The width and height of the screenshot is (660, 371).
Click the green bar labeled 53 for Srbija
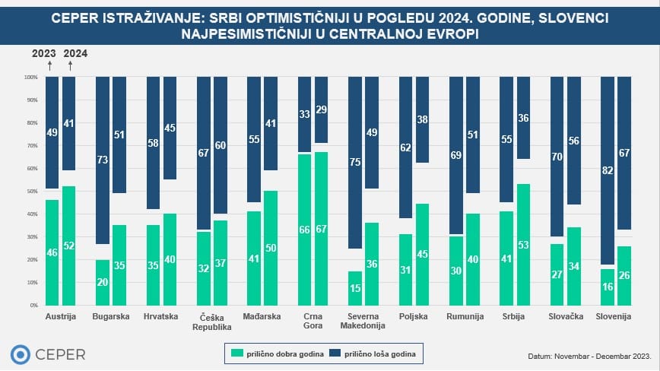click(523, 245)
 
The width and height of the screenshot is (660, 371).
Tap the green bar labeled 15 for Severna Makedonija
click(354, 288)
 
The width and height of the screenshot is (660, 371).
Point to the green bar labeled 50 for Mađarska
click(271, 248)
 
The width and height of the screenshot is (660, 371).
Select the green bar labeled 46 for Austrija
click(52, 252)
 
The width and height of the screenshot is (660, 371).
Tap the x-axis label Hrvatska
click(161, 316)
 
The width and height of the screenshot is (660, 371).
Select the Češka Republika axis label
click(212, 321)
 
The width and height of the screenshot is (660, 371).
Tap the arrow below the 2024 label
click(70, 66)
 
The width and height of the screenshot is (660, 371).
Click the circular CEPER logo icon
click(21, 354)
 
